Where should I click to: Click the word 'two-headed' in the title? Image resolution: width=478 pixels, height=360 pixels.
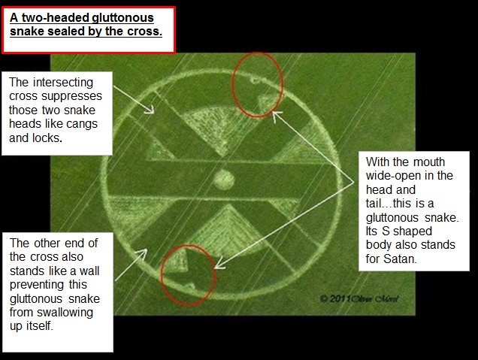click(56, 18)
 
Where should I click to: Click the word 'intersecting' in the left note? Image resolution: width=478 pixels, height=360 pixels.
click(63, 83)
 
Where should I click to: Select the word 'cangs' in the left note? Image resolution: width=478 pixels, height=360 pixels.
click(82, 124)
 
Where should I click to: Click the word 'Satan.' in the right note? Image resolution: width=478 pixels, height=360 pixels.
click(400, 259)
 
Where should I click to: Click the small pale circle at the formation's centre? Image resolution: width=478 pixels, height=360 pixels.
click(224, 180)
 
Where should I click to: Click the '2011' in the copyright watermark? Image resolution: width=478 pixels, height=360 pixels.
click(340, 298)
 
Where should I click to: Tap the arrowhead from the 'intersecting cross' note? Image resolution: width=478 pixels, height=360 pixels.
click(150, 110)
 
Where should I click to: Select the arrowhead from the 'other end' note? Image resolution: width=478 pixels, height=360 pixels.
click(143, 253)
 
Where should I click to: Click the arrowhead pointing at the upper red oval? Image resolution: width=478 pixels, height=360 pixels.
click(276, 115)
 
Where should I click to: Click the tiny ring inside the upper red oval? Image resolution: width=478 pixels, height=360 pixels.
click(255, 80)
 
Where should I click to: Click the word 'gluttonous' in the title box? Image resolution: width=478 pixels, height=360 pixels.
click(123, 18)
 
